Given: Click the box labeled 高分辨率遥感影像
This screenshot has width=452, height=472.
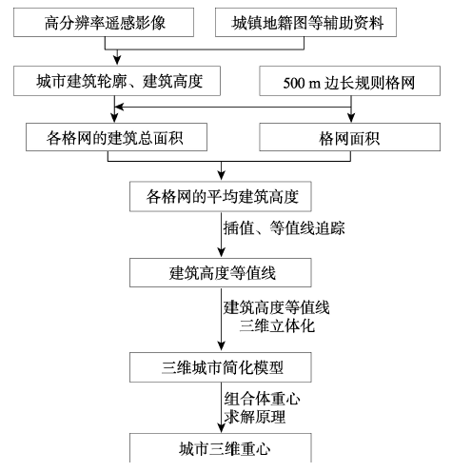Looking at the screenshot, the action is [x=104, y=22].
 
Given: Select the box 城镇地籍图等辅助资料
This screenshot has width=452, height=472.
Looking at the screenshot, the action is [x=305, y=22].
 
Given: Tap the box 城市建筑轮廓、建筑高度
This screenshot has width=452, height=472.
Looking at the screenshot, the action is [x=117, y=81].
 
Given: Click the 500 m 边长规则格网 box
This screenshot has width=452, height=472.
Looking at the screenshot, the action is [x=349, y=81].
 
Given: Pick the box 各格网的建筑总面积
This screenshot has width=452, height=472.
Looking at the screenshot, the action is [x=116, y=137].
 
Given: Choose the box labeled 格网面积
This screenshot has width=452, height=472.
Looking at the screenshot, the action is [x=349, y=137].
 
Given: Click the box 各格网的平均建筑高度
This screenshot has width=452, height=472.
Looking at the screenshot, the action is [x=221, y=196].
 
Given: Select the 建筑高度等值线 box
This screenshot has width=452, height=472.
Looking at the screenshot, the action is [x=221, y=272].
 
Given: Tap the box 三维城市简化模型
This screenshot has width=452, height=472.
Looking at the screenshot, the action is [x=221, y=367].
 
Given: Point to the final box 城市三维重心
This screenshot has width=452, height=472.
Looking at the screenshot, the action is [x=221, y=448].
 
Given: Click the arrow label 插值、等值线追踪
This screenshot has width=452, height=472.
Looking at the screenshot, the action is [x=284, y=228].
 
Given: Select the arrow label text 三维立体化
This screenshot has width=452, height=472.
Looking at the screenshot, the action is [x=277, y=325].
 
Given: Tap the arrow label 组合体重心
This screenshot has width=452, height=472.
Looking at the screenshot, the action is [x=262, y=399].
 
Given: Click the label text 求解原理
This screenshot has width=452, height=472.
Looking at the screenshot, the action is [x=255, y=417].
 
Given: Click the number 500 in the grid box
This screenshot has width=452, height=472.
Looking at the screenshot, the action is [x=294, y=83].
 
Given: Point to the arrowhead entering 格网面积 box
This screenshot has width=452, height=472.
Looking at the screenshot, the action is [x=351, y=119].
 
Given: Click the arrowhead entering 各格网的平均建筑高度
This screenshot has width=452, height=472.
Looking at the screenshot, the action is [x=222, y=176].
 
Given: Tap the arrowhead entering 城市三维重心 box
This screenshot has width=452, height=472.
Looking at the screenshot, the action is [x=222, y=428].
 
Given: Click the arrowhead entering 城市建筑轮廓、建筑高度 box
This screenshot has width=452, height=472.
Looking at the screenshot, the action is [x=117, y=61].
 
